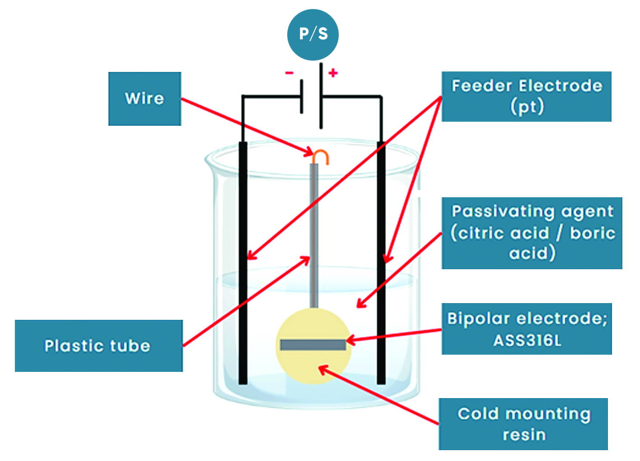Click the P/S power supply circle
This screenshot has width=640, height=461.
click(x=313, y=34)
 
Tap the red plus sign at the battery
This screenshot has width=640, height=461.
click(x=333, y=73)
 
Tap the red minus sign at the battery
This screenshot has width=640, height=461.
click(x=289, y=73)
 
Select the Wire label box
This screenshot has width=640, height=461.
click(x=145, y=99)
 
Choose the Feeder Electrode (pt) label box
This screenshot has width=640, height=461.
click(x=526, y=96)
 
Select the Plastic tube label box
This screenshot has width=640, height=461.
click(x=98, y=346)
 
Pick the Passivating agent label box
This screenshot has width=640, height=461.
click(x=532, y=233)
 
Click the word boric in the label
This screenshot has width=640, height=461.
click(x=592, y=233)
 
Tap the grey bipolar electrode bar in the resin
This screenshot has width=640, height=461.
click(x=313, y=345)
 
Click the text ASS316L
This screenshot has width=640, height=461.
click(x=527, y=340)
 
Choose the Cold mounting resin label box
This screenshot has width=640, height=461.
click(x=523, y=424)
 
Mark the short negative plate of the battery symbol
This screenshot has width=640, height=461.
click(x=302, y=96)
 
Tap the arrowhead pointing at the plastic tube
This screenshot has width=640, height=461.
click(x=307, y=259)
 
